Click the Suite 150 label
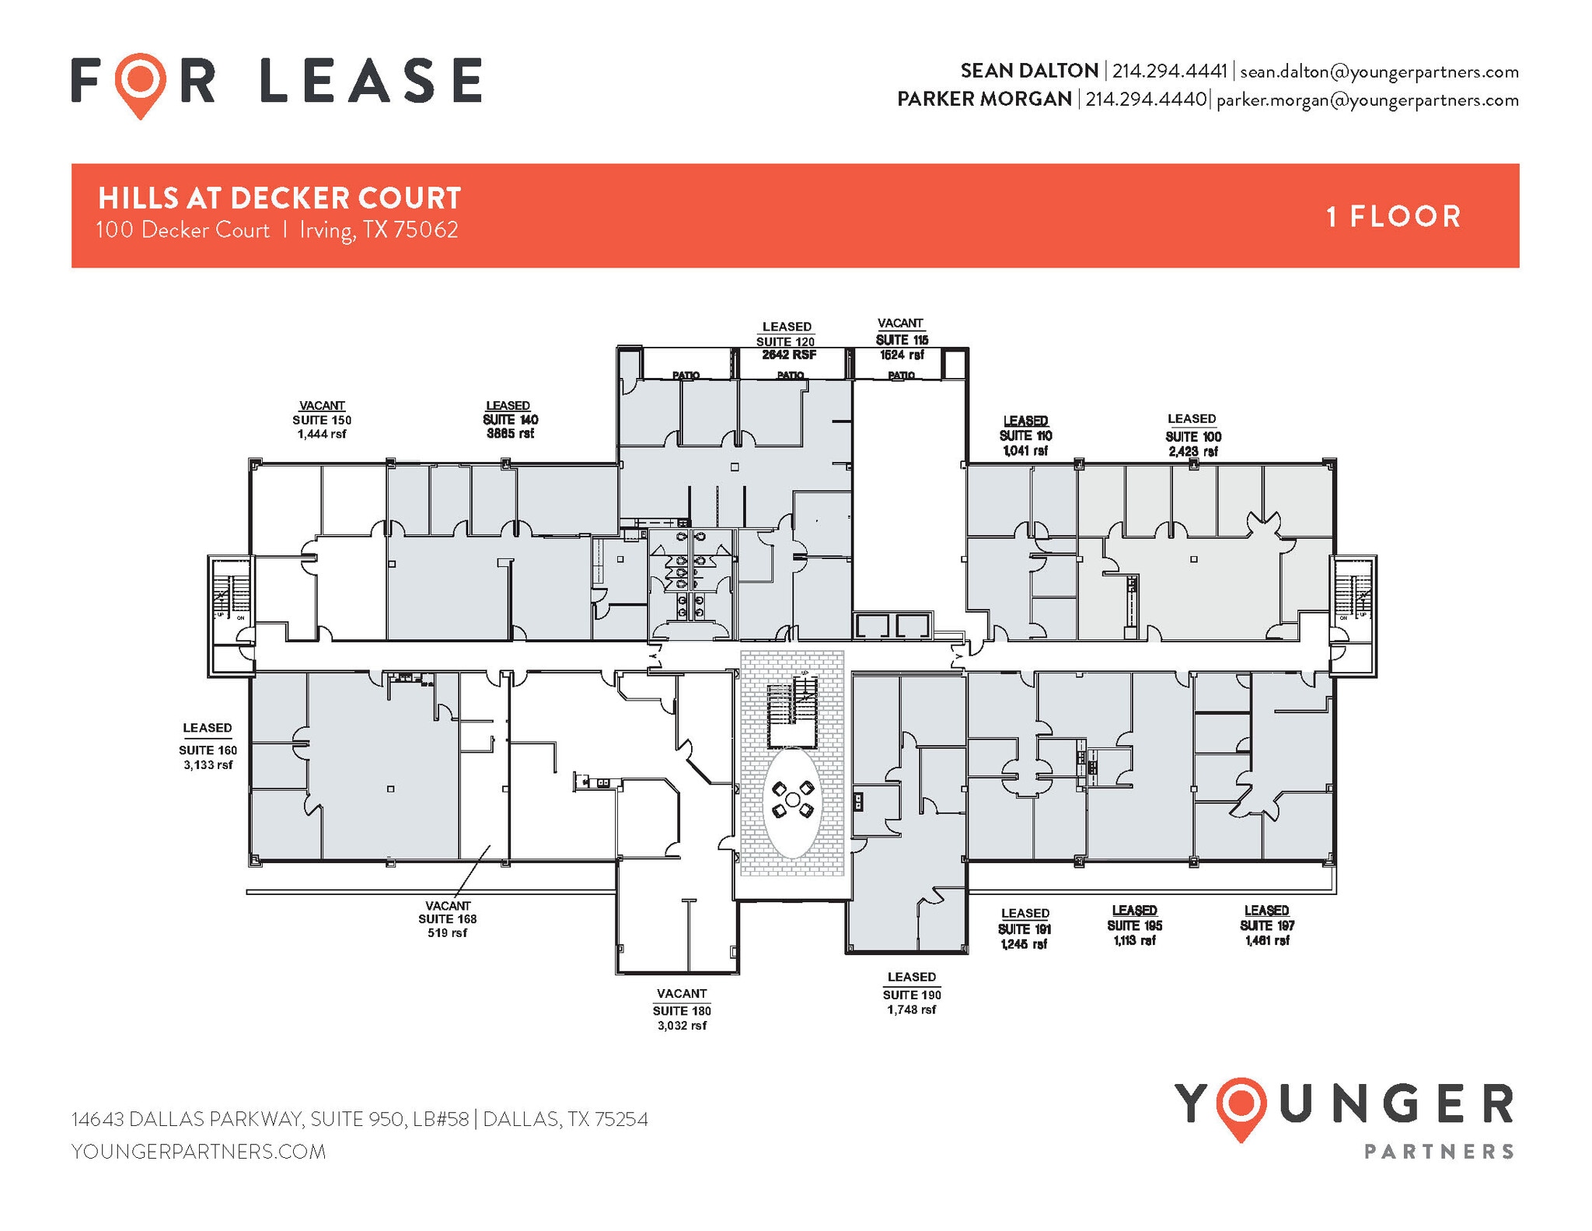click(x=321, y=420)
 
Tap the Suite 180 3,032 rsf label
click(x=682, y=1010)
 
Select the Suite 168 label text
click(x=447, y=919)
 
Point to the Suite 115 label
click(x=901, y=340)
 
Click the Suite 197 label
click(x=1266, y=925)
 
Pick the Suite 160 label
click(x=208, y=750)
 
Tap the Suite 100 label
click(x=1192, y=436)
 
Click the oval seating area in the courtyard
click(x=791, y=802)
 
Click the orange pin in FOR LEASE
click(x=141, y=82)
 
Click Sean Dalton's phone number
click(x=1169, y=72)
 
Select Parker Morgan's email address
click(x=1367, y=100)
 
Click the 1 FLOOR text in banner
click(x=1393, y=216)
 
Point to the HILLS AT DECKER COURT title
click(x=280, y=198)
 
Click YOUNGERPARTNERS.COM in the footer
click(x=199, y=1152)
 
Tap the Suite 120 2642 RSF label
click(x=787, y=348)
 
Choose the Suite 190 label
click(x=911, y=995)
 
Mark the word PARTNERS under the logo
click(x=1439, y=1151)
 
